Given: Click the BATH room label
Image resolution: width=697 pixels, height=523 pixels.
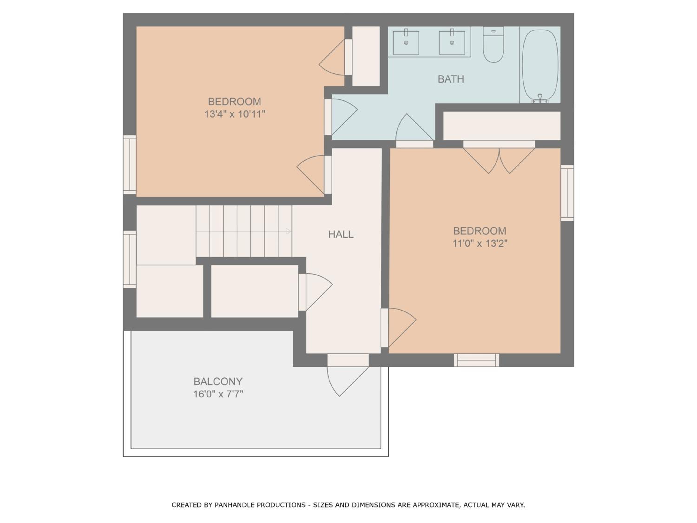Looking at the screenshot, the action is pyautogui.click(x=450, y=79).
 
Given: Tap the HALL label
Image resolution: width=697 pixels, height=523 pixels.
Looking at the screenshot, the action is pyautogui.click(x=341, y=234).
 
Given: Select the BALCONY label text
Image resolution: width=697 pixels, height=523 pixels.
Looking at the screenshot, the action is pyautogui.click(x=218, y=381).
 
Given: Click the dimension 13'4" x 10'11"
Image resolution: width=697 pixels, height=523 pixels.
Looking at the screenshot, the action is pyautogui.click(x=235, y=114).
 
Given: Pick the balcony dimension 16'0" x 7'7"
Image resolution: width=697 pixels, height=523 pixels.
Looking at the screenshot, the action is pyautogui.click(x=218, y=394).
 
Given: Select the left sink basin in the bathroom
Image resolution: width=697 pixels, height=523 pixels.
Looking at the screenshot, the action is pyautogui.click(x=406, y=43).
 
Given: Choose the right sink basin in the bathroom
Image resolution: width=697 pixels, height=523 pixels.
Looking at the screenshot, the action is pyautogui.click(x=452, y=43).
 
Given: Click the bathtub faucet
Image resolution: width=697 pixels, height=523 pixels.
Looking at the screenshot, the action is pyautogui.click(x=540, y=99).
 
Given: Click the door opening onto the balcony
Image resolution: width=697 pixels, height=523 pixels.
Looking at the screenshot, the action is pyautogui.click(x=348, y=375).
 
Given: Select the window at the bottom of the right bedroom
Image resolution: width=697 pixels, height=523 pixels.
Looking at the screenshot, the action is pyautogui.click(x=477, y=360).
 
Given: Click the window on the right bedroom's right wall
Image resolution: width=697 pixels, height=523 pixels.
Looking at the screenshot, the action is pyautogui.click(x=567, y=193).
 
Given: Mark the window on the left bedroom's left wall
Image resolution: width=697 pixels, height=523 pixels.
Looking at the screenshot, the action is pyautogui.click(x=129, y=165).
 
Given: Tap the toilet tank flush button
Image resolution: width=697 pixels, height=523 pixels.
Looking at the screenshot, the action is pyautogui.click(x=493, y=31).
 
